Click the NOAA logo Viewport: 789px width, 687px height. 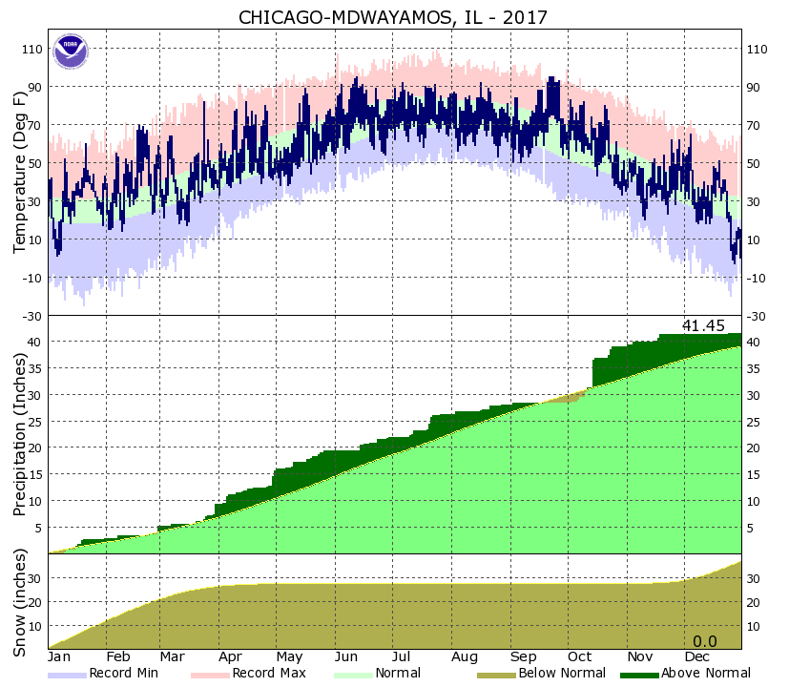pyautogui.click(x=70, y=52)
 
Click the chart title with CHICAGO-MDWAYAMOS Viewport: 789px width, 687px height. pyautogui.click(x=395, y=18)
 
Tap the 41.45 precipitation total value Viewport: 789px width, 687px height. pyautogui.click(x=703, y=326)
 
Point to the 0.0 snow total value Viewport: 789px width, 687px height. pyautogui.click(x=704, y=640)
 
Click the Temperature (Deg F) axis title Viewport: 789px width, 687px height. pyautogui.click(x=19, y=172)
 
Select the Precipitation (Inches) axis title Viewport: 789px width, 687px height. pyautogui.click(x=19, y=434)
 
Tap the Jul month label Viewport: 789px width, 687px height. pyautogui.click(x=402, y=657)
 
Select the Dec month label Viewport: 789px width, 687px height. pyautogui.click(x=696, y=657)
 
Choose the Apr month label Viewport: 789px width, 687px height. pyautogui.click(x=229, y=657)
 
